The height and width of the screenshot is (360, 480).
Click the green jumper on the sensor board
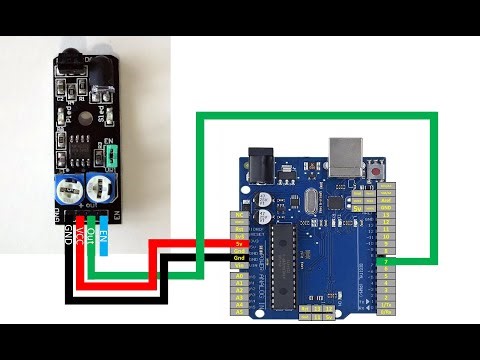point(108,155)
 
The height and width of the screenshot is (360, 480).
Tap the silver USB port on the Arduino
point(348,156)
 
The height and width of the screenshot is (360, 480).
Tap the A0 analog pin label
point(239,280)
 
